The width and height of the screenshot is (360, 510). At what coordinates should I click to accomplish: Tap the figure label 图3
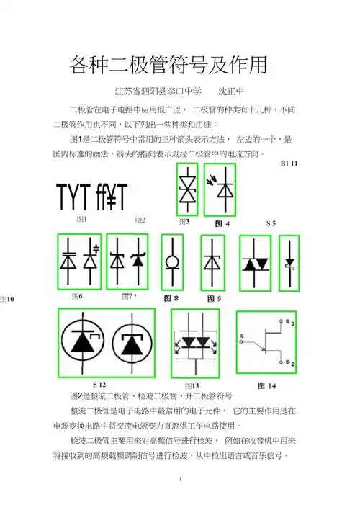(x=184, y=221)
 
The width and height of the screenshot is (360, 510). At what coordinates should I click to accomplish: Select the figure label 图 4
(x=222, y=224)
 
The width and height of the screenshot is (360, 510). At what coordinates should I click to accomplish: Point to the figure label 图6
(x=77, y=295)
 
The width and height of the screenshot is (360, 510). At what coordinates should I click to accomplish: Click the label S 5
(x=271, y=224)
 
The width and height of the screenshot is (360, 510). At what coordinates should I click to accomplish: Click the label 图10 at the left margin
(x=7, y=297)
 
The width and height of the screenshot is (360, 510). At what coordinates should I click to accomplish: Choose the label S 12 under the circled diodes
(x=99, y=383)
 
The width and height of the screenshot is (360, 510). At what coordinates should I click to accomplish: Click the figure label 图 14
(x=266, y=385)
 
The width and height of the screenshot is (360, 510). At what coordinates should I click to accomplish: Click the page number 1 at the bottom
(x=179, y=479)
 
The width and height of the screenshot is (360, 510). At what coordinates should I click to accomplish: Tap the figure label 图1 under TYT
(x=81, y=218)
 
